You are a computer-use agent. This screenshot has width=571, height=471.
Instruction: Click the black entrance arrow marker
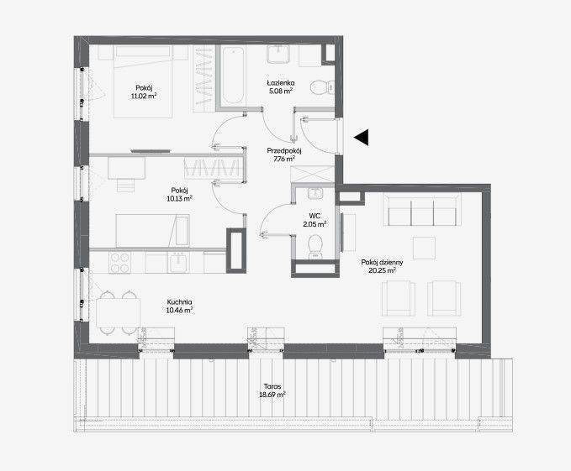pos(362,138)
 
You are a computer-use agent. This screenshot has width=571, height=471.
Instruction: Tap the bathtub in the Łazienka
pos(233,76)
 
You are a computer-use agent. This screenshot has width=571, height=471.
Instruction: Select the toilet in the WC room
pos(315,246)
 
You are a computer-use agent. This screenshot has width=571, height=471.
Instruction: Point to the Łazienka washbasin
pos(278,54)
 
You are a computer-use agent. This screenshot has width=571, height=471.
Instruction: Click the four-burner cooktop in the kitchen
pos(119,263)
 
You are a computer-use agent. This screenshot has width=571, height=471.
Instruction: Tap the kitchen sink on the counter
pos(178,263)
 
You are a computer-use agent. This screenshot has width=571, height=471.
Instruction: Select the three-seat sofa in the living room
pos(422,210)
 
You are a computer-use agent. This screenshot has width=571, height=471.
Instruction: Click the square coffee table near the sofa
pos(424,248)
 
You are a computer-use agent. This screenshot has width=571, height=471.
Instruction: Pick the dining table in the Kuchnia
pos(118,313)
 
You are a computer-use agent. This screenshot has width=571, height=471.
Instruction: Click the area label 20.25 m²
pos(382,270)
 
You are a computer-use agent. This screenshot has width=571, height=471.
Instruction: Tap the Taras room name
pos(272,387)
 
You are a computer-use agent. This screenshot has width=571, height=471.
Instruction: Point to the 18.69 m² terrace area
pos(272,395)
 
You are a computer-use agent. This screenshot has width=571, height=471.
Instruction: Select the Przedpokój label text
pos(284,150)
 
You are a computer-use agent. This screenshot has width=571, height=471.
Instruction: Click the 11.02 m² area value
pos(144,96)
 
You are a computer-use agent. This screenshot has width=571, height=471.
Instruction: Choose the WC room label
pos(315,217)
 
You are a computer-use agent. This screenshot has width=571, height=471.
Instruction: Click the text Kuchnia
pos(179,302)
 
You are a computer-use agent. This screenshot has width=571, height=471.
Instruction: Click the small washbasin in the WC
pos(315,194)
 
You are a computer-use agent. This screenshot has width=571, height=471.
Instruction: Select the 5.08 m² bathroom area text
pos(281,92)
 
